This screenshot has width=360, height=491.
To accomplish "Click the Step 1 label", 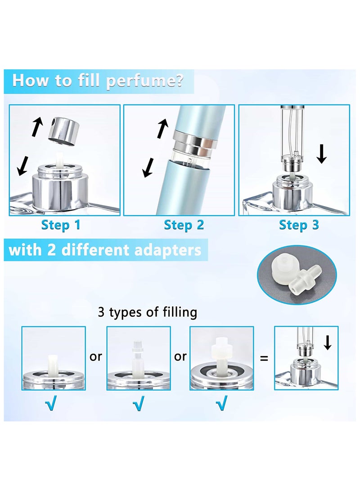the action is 61,225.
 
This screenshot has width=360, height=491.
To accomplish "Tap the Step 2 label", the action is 184,225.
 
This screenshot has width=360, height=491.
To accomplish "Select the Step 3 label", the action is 299,225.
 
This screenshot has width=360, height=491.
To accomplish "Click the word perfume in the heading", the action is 144,81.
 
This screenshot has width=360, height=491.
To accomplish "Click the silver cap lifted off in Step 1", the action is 63,131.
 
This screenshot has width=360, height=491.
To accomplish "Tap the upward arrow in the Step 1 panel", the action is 37,126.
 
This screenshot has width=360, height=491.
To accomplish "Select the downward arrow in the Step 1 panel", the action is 22,166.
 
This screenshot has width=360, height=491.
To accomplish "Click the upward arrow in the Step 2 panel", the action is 162,128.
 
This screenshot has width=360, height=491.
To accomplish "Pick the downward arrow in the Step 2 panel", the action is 148,167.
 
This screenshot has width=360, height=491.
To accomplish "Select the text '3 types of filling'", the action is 148,312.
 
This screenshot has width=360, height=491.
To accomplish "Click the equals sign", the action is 264,358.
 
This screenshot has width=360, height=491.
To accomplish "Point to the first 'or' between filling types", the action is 96,357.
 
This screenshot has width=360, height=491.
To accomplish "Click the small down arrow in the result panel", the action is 328,342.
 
